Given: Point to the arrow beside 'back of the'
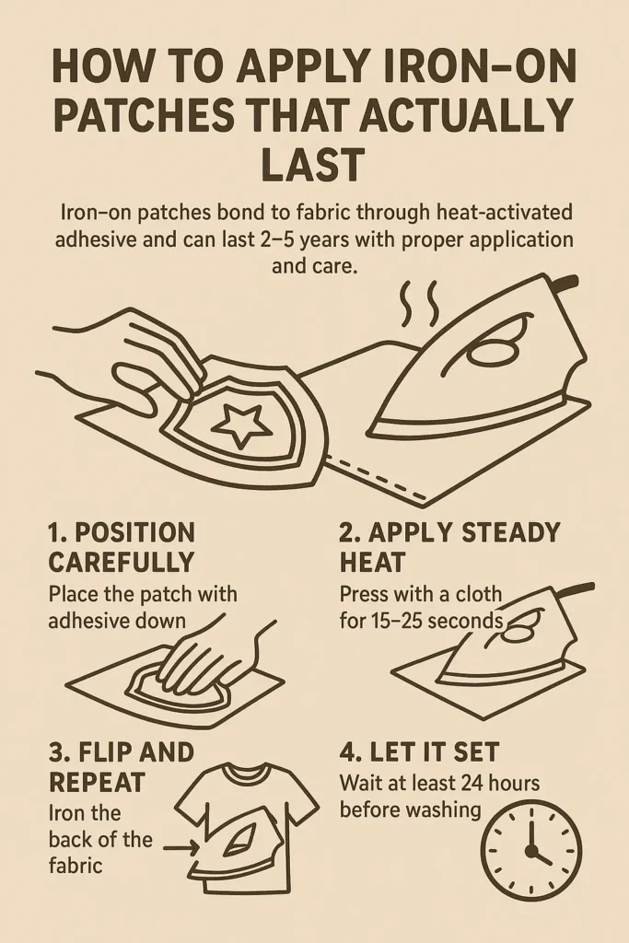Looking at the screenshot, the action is [x=181, y=848].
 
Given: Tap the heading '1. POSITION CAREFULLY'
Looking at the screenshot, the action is [x=122, y=547].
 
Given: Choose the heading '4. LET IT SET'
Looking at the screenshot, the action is [x=419, y=751].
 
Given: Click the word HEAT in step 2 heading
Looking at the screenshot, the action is [x=372, y=563].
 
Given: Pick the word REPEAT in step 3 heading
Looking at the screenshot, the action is [x=97, y=783].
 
